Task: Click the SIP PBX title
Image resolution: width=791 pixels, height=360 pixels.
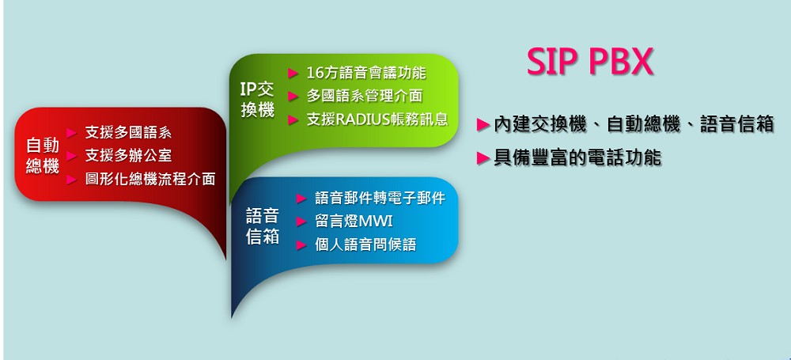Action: coord(590,62)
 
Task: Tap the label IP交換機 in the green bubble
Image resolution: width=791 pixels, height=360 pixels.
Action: coord(257,100)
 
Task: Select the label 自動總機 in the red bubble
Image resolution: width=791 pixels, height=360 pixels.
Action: coord(43,156)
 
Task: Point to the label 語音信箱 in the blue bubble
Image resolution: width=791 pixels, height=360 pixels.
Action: coord(263,226)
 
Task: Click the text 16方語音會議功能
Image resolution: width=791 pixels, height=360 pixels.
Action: coord(366,73)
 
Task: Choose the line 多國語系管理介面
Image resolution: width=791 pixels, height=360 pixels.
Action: coord(364,96)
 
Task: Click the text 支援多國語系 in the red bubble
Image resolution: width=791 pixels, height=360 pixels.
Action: coord(128,132)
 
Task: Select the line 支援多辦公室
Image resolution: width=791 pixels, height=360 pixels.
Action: coord(128,156)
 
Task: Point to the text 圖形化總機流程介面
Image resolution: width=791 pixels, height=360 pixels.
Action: coord(150,179)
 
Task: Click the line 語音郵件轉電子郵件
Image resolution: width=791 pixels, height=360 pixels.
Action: coord(380,198)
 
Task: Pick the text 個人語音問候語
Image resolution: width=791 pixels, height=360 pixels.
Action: coord(365,245)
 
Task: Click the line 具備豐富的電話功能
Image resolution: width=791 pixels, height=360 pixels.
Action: coord(577,158)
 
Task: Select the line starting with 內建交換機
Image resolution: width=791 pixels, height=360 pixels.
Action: coord(634,124)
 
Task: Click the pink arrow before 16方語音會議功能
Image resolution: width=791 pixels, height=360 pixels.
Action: coord(293,74)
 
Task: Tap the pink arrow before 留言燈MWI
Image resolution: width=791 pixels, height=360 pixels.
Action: coord(301,222)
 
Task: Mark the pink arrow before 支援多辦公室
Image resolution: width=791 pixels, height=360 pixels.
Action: coord(72,156)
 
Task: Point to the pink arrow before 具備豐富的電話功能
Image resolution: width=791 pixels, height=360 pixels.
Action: coord(484,158)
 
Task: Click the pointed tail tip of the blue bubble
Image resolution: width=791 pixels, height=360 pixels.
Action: coord(232,317)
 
